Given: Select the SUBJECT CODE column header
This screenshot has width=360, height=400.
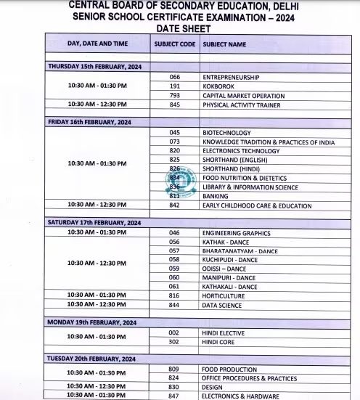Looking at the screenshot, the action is point(174,44).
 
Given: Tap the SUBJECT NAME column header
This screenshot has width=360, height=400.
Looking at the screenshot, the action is point(224,44).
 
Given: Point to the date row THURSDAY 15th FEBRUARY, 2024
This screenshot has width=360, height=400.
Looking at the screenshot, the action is point(95,67).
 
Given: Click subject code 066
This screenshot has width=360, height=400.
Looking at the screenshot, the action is point(174,76).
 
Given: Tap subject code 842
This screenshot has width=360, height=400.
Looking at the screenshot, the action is point(174,205).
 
